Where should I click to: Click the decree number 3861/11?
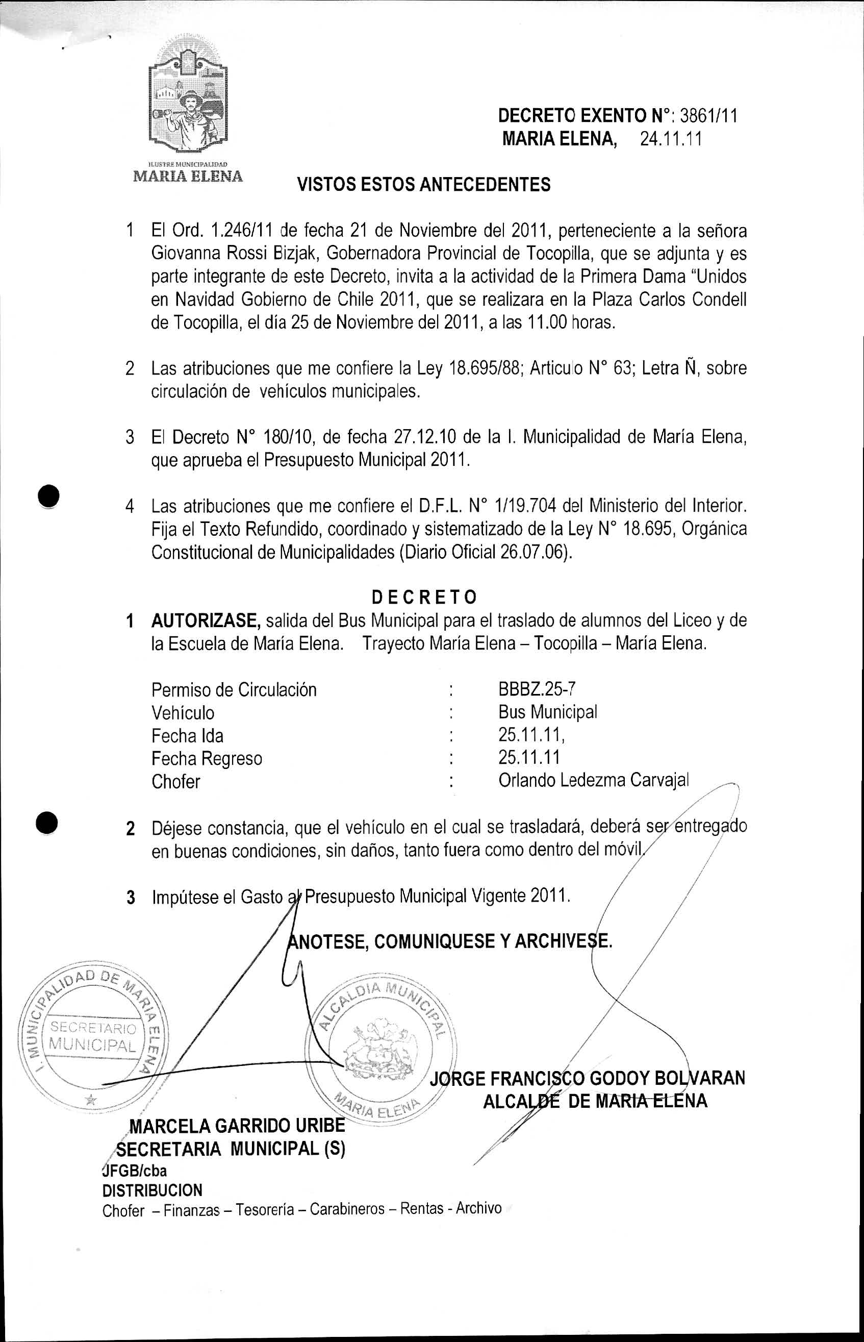pyautogui.click(x=708, y=116)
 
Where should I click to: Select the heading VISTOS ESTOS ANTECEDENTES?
pyautogui.click(x=423, y=185)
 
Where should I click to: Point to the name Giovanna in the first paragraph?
pyautogui.click(x=185, y=254)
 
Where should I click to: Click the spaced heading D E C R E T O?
pyautogui.click(x=424, y=597)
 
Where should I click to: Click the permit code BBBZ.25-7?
pyautogui.click(x=537, y=689)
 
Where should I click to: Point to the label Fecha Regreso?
pyautogui.click(x=207, y=758)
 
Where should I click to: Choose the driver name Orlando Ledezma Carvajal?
pyautogui.click(x=593, y=781)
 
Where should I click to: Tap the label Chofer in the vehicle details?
pyautogui.click(x=175, y=781)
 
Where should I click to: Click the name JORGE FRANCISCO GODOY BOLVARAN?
pyautogui.click(x=588, y=1078)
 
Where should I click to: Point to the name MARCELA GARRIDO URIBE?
pyautogui.click(x=237, y=1125)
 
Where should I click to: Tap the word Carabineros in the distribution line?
pyautogui.click(x=347, y=1208)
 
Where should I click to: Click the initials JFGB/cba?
pyautogui.click(x=135, y=1171)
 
